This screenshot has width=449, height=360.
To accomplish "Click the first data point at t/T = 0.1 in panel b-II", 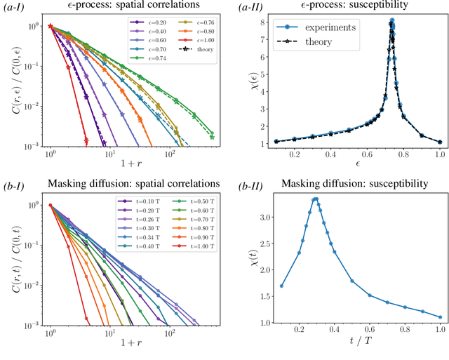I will point(281,286).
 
